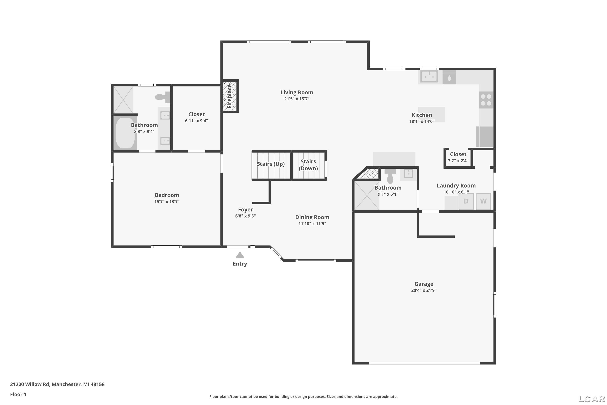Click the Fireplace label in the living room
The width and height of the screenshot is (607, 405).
[x=229, y=96]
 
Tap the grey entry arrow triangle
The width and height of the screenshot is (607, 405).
[x=240, y=255]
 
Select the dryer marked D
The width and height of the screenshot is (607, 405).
[x=466, y=201]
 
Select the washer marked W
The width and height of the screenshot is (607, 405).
[x=483, y=201]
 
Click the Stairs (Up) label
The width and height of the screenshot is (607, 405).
[x=271, y=164]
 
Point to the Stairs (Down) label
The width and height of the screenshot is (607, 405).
[x=308, y=165]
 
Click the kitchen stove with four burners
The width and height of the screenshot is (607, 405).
[x=486, y=100]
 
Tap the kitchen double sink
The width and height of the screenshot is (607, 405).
[x=429, y=77]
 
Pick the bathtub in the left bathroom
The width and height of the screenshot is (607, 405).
[x=125, y=133]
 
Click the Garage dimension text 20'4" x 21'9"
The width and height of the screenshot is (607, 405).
[x=424, y=290]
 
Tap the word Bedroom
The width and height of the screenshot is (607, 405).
[x=167, y=195]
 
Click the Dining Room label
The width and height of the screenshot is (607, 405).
[x=312, y=217]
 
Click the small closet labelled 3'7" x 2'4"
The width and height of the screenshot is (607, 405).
[x=458, y=157]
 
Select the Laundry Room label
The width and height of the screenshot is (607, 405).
[x=456, y=185]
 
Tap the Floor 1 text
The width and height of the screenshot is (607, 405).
[x=18, y=394]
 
